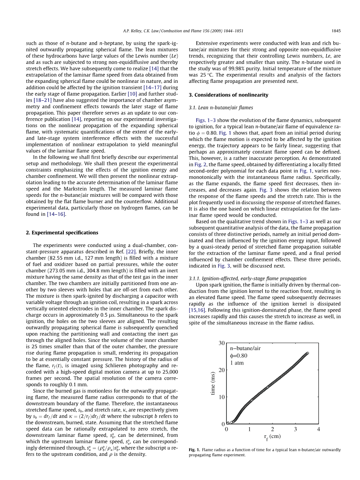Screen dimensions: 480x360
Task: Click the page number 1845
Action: (x=336, y=31)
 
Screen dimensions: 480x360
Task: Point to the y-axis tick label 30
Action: (x=221, y=343)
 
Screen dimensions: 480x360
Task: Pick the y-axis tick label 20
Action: (x=221, y=370)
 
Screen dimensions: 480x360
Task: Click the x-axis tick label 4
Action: (x=318, y=429)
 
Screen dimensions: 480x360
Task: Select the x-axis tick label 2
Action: (x=272, y=429)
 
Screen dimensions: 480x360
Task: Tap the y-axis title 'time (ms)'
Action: (x=213, y=384)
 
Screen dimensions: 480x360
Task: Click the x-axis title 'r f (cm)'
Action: (x=272, y=437)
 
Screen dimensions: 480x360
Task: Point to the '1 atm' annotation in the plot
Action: (x=237, y=363)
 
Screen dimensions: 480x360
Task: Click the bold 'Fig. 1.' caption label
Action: (x=194, y=450)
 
